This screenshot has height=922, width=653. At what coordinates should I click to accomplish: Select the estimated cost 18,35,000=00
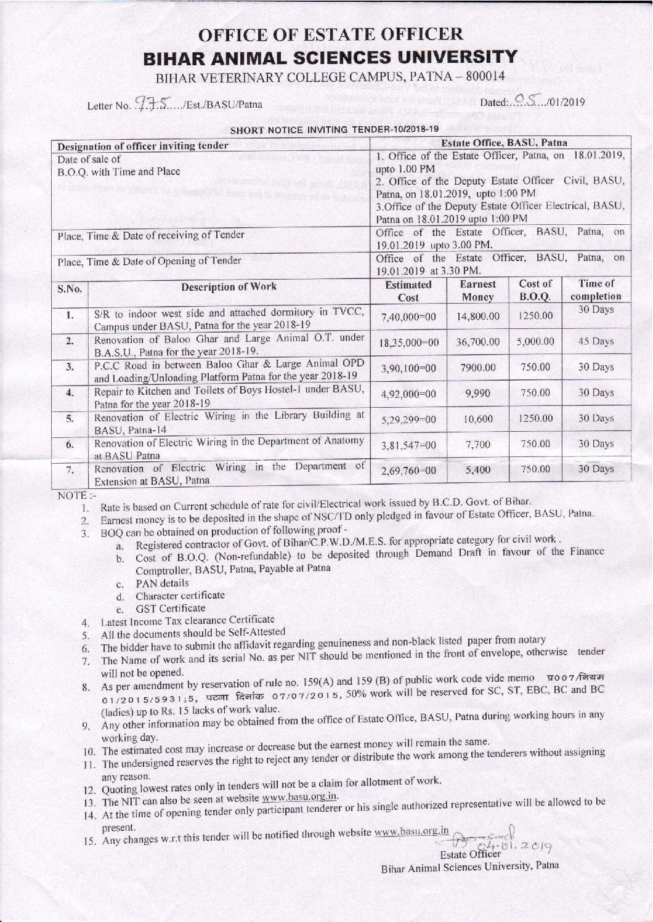pos(408,342)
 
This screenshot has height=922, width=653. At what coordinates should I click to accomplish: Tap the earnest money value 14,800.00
pos(477,316)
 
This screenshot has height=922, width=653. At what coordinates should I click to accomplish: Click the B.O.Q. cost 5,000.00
pos(535,341)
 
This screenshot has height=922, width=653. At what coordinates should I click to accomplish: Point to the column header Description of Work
pos(229,286)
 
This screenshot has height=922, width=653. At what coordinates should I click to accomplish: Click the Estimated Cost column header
pos(408,291)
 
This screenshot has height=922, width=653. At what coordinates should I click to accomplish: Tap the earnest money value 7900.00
pos(477,367)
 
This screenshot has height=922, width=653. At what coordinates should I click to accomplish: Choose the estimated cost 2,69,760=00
pos(408,471)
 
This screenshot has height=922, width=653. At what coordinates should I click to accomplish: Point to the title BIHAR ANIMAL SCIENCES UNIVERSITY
pos(330,58)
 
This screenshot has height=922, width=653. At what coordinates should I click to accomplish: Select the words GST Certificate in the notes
pos(171,608)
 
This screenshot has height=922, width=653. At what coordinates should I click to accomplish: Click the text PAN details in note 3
pos(162,583)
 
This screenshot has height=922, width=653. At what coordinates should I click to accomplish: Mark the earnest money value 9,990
pos(477,393)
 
